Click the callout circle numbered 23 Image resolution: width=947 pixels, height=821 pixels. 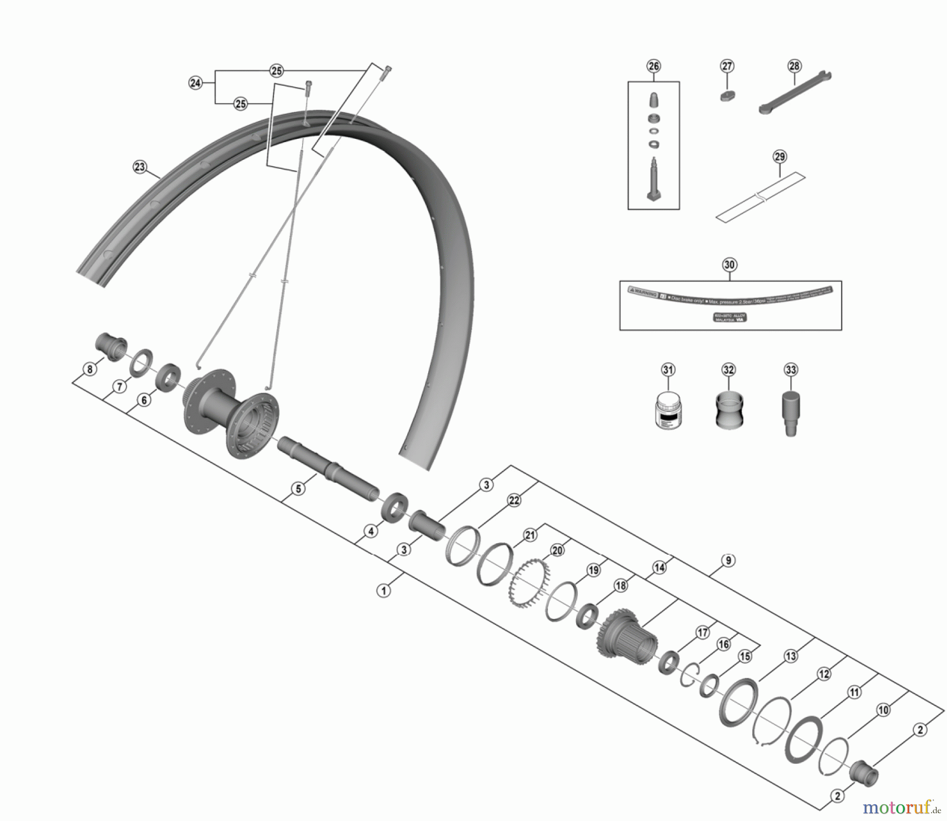[x=139, y=167]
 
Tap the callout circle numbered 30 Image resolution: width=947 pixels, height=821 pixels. [x=729, y=265]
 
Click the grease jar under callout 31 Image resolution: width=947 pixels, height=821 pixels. [x=668, y=410]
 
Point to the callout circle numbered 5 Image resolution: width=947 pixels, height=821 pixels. [x=298, y=489]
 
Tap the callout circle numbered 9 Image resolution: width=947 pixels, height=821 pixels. [x=728, y=561]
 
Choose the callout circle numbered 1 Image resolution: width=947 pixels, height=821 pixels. [x=384, y=591]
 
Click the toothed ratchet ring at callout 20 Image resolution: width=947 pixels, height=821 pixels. [x=529, y=583]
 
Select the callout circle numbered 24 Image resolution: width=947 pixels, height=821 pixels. [x=195, y=83]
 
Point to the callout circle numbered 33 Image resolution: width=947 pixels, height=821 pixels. [x=791, y=370]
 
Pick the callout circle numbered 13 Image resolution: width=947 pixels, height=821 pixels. [x=791, y=656]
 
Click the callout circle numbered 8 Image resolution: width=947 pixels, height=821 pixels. [x=90, y=369]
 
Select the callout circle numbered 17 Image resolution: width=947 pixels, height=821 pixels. [x=703, y=633]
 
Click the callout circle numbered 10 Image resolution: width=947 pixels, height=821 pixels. [x=883, y=710]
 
